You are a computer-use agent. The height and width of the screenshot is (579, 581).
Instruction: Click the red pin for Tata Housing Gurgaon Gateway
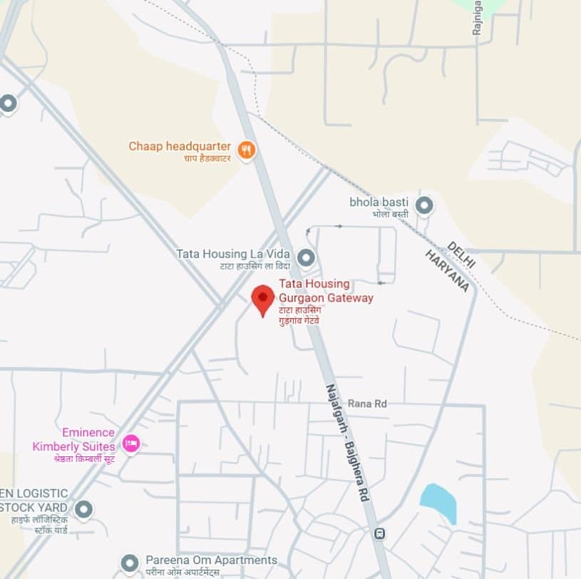(x=263, y=298)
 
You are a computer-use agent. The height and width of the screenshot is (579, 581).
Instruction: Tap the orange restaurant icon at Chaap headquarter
(x=247, y=150)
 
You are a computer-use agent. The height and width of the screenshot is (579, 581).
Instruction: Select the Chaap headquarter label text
(x=180, y=147)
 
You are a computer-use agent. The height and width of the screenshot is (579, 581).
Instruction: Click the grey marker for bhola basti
(x=424, y=205)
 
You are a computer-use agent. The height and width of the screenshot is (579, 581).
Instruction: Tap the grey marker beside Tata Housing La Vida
(x=307, y=257)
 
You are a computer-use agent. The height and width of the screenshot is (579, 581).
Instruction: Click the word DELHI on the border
(x=461, y=255)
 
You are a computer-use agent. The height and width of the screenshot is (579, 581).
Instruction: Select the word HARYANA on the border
(x=447, y=271)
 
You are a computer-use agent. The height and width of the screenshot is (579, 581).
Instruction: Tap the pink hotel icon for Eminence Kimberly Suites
(x=130, y=444)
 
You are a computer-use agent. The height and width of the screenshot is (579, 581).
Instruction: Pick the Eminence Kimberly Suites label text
(x=73, y=439)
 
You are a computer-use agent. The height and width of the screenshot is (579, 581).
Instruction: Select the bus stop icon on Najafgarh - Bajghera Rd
(x=380, y=533)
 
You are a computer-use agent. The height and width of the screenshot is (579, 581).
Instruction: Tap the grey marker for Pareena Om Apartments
(x=129, y=563)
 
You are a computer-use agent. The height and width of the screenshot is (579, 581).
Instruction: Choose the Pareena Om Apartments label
(x=211, y=560)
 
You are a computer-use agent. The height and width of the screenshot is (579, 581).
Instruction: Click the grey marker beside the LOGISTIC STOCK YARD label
(x=84, y=509)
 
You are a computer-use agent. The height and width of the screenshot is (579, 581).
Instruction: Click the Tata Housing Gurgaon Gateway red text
(x=325, y=291)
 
